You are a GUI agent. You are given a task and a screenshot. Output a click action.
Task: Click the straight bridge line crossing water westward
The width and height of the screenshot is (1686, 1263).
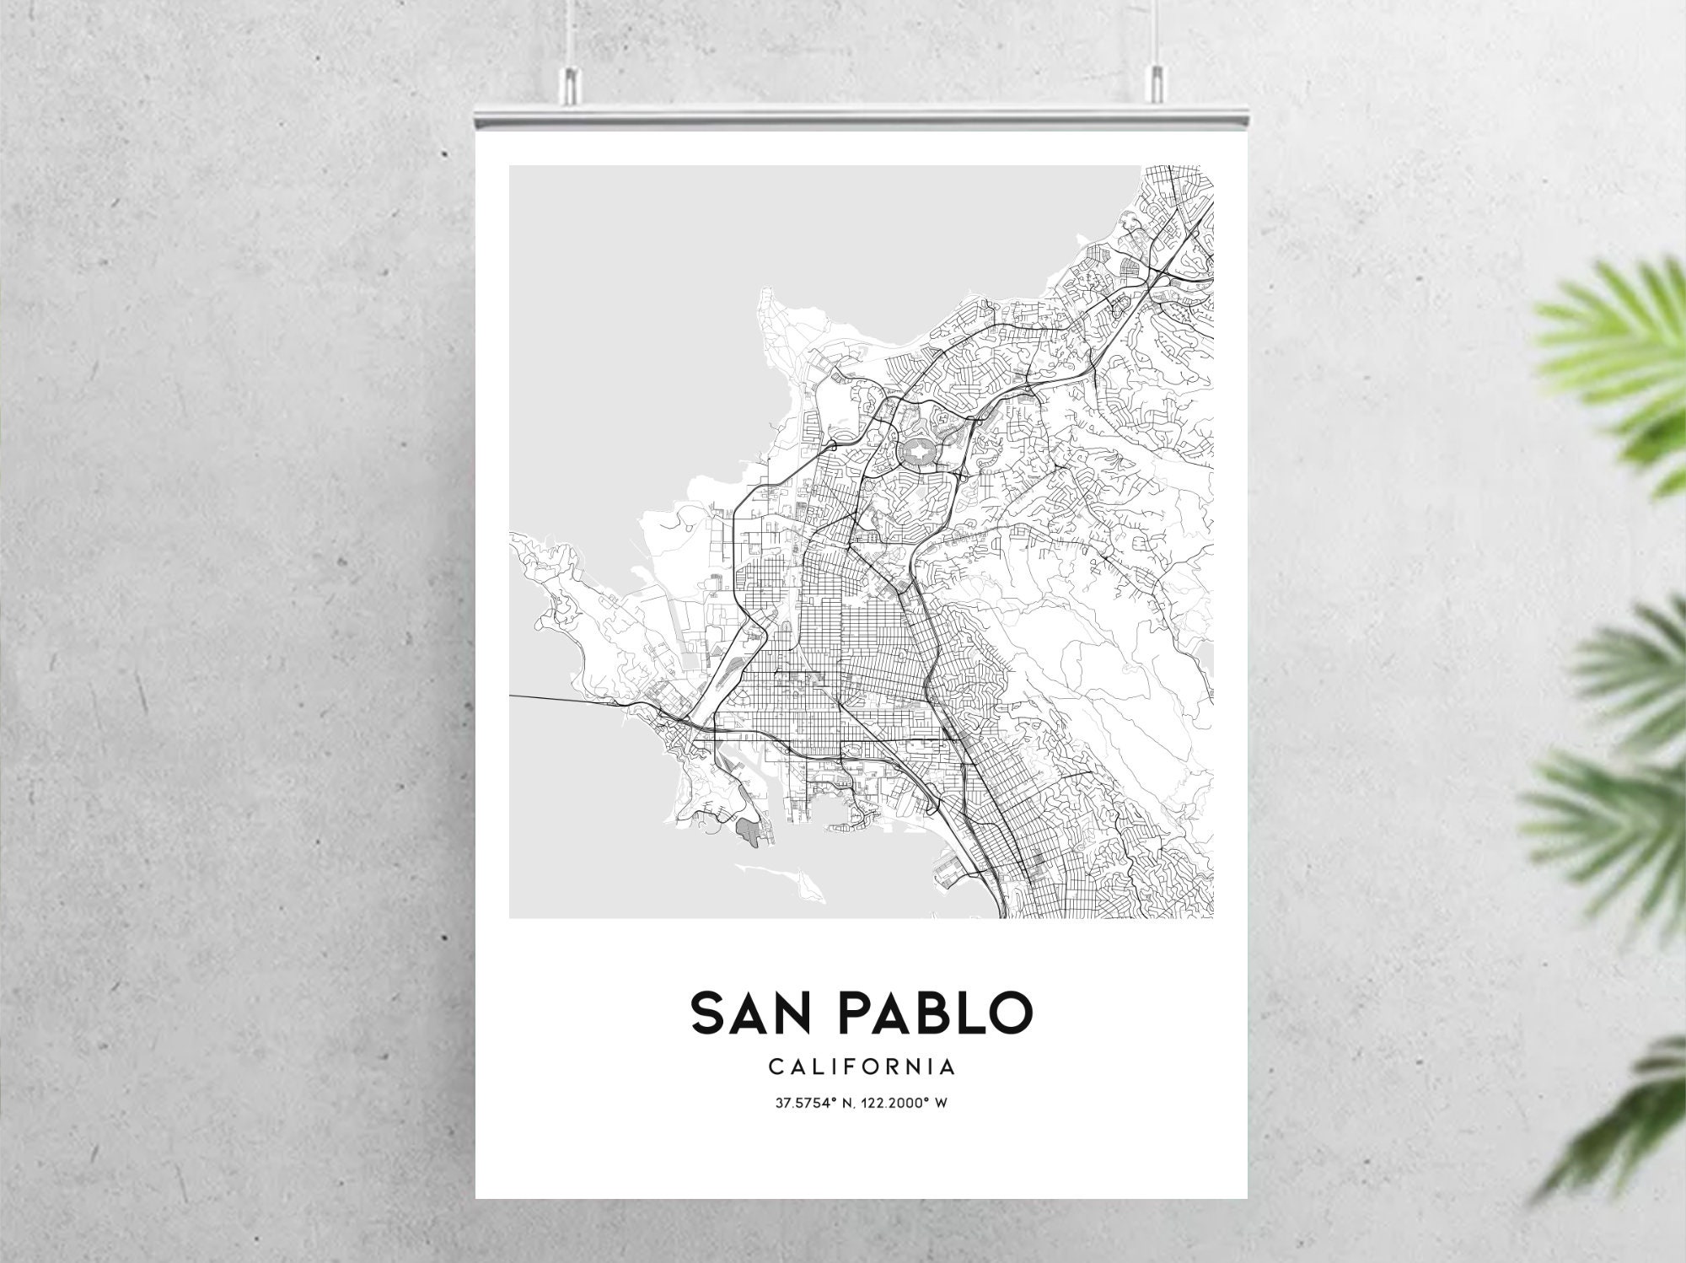pos(556,699)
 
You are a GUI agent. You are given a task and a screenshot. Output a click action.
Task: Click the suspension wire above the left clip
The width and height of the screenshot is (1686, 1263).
pos(572,34)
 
